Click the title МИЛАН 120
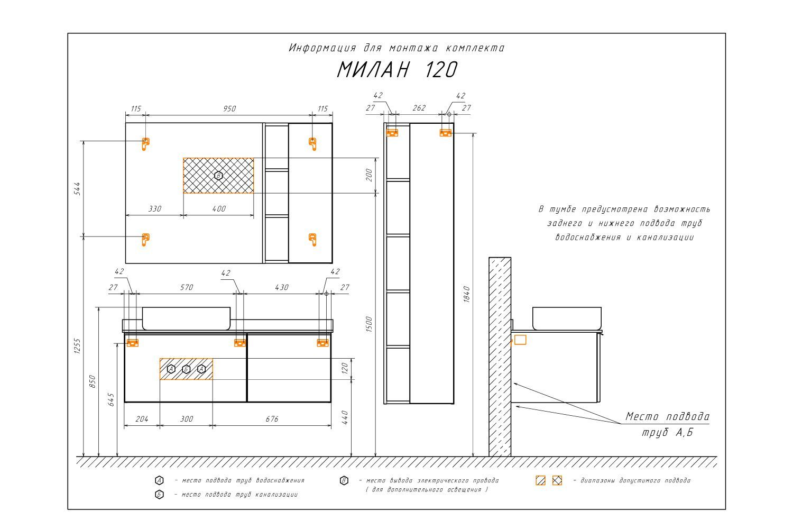pyautogui.click(x=397, y=69)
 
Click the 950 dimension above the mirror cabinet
pyautogui.click(x=229, y=108)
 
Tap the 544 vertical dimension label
pyautogui.click(x=77, y=188)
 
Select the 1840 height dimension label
pyautogui.click(x=467, y=294)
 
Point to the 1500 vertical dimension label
pyautogui.click(x=369, y=324)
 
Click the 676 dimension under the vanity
pyautogui.click(x=272, y=419)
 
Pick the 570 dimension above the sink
pyautogui.click(x=187, y=287)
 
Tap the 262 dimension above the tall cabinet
pyautogui.click(x=419, y=108)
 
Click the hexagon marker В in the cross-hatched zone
pyautogui.click(x=218, y=176)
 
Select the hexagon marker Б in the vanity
pyautogui.click(x=186, y=370)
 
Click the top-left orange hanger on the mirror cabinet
pyautogui.click(x=145, y=144)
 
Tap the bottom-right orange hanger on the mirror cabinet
pyautogui.click(x=312, y=240)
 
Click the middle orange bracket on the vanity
pyautogui.click(x=240, y=343)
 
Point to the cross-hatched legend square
pyautogui.click(x=557, y=480)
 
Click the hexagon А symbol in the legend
pyautogui.click(x=159, y=480)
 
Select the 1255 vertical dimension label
pyautogui.click(x=77, y=346)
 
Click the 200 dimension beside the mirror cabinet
pyautogui.click(x=369, y=175)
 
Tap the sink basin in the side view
pyautogui.click(x=567, y=318)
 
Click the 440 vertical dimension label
pyautogui.click(x=345, y=417)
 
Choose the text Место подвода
pyautogui.click(x=668, y=416)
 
